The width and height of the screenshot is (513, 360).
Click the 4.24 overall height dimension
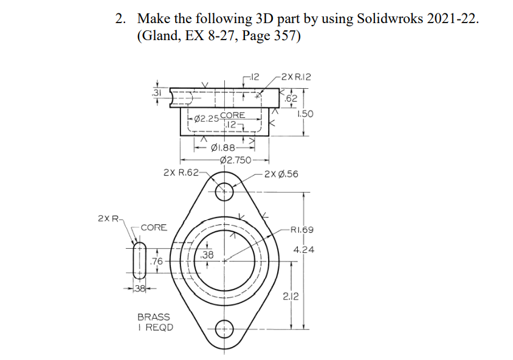(303, 249)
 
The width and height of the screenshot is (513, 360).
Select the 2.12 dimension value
(291, 296)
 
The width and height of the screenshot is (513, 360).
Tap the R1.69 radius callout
(302, 230)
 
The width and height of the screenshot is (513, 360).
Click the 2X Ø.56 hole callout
(281, 175)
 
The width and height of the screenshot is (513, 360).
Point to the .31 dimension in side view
(157, 92)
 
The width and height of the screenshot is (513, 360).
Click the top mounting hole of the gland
(224, 190)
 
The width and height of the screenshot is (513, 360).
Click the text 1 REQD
(155, 328)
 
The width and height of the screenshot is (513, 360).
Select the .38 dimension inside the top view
(207, 255)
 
